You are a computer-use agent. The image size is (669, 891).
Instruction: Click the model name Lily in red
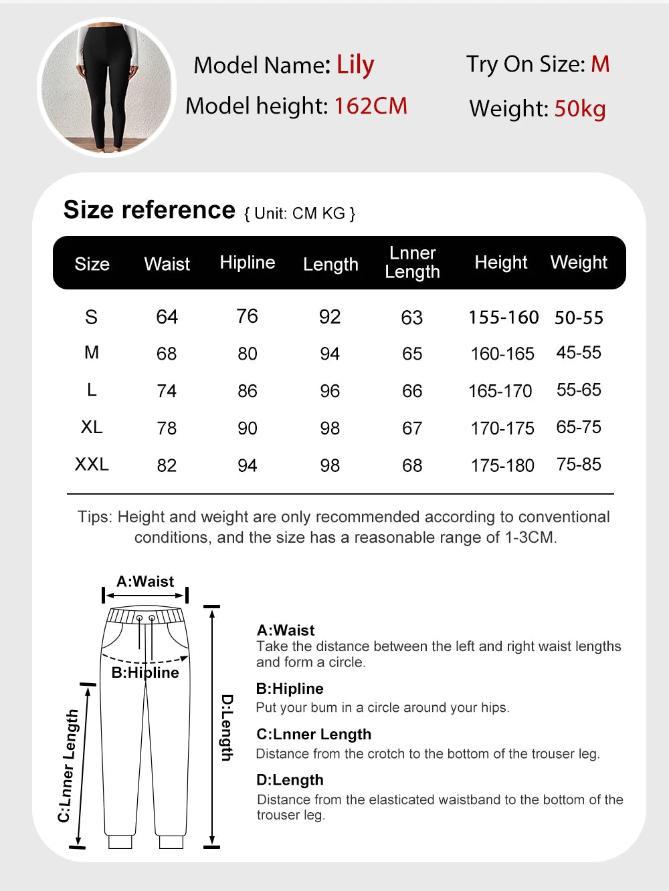click(355, 66)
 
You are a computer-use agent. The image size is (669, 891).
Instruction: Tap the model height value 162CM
click(370, 106)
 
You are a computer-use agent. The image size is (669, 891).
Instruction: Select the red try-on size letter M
click(600, 64)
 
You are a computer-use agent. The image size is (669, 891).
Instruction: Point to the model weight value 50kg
click(579, 108)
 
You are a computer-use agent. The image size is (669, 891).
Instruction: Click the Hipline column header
click(248, 262)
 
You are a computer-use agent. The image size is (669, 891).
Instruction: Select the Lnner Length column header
click(412, 262)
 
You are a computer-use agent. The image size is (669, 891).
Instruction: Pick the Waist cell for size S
click(167, 317)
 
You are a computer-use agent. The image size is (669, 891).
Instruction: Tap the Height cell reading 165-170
click(500, 391)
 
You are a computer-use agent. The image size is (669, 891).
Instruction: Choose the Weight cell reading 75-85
click(579, 465)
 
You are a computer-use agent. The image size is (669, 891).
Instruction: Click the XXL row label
click(92, 465)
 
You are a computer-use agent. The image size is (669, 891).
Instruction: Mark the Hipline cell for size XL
click(248, 428)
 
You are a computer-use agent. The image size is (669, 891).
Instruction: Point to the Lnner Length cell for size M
click(412, 354)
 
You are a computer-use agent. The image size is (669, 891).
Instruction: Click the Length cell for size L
click(330, 391)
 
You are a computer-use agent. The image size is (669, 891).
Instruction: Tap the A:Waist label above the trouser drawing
click(145, 582)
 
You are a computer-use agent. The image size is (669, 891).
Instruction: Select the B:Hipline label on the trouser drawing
click(145, 672)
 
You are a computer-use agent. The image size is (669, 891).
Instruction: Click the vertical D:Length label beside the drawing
click(227, 727)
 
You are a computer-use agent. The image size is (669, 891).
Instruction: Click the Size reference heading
click(149, 210)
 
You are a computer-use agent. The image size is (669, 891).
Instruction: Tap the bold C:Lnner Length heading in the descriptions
click(314, 734)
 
